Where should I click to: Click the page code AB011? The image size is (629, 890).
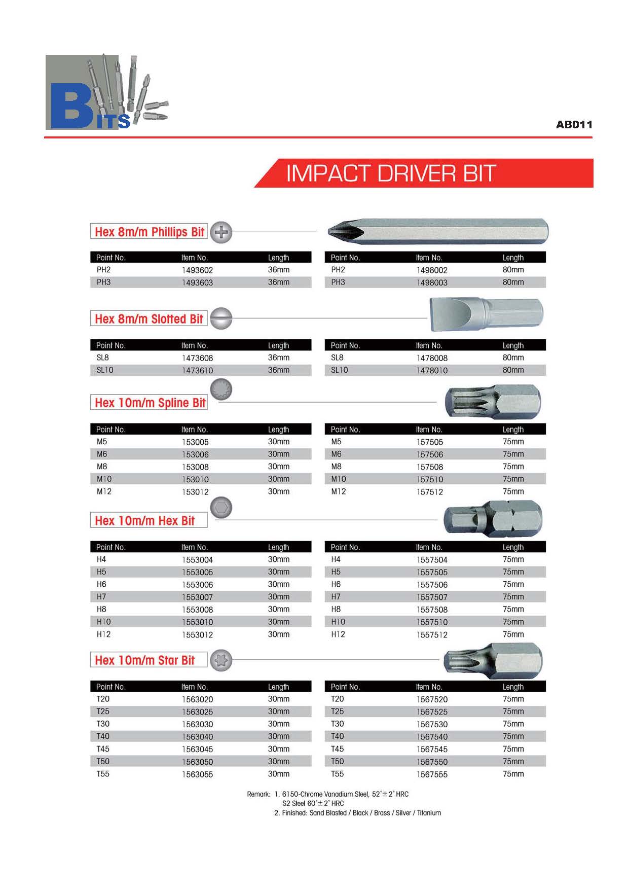coord(574,125)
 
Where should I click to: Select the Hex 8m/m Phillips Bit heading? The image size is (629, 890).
coord(149,232)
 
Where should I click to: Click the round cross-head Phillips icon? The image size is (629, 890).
coord(221,232)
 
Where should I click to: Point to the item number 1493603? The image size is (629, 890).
coord(197,282)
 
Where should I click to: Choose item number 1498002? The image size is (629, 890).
coord(432,270)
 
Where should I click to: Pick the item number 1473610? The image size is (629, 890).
coord(197,370)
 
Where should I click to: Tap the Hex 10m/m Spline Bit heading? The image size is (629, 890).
coord(150,403)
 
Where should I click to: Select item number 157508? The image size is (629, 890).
coord(429,467)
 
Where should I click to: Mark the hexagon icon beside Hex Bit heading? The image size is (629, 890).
coord(221,508)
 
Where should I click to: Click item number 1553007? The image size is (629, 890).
coord(197,597)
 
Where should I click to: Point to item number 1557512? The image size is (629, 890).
coord(432,634)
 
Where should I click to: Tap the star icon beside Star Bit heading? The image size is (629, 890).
coord(221,660)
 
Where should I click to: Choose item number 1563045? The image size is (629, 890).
coord(197,749)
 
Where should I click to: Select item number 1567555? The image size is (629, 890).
coord(432,774)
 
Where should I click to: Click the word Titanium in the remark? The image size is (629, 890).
coord(429,812)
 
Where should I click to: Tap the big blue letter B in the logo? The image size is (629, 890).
coord(71,106)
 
